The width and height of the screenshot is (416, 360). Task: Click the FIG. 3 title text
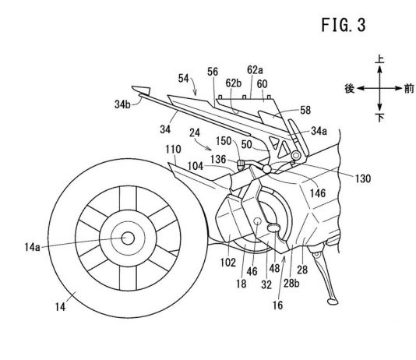point(344,25)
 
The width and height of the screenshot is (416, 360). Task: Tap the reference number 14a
point(33,248)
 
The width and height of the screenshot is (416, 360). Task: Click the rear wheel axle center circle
point(128,238)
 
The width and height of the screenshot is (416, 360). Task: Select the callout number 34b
point(122,104)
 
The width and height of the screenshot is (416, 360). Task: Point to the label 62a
point(255,70)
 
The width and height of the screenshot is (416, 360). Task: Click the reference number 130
point(363,178)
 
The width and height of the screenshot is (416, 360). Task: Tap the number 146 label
point(318,193)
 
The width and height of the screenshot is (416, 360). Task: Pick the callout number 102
point(228,263)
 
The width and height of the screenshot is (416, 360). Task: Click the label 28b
point(291,284)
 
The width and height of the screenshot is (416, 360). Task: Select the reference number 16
point(278,305)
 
